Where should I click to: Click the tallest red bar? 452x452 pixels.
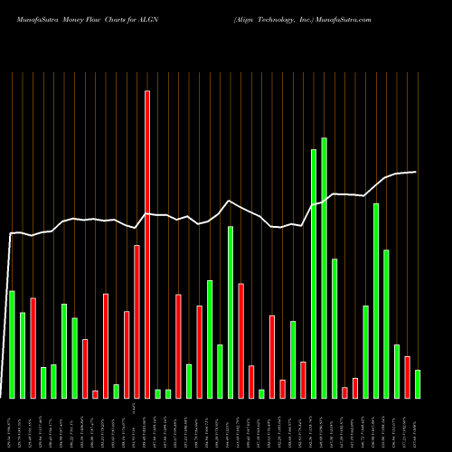point(147,244)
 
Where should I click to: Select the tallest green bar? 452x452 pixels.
point(324,268)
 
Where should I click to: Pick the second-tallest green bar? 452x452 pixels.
point(314,273)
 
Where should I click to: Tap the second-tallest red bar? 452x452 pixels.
point(137,321)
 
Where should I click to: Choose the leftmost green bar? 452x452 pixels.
point(12,344)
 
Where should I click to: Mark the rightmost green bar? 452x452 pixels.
point(418,383)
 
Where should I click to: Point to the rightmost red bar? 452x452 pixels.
point(407,377)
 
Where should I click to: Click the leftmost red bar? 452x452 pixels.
point(33,348)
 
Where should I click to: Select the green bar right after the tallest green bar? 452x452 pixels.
point(334,328)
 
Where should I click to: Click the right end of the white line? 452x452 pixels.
point(416,172)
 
